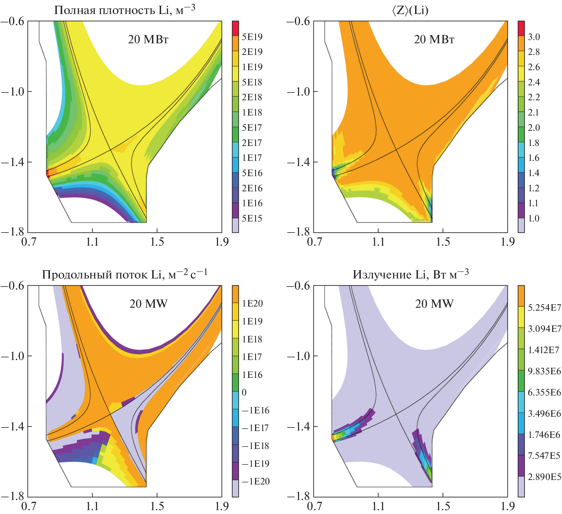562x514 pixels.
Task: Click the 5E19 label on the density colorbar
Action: coord(252,37)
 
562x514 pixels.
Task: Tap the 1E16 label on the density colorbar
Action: coord(252,203)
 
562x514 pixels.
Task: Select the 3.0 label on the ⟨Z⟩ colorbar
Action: coord(534,37)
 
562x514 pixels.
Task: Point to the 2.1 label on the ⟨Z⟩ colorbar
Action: coord(533,113)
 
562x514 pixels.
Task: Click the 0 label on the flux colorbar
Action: coord(244,392)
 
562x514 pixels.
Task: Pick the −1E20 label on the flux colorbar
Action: coord(255,481)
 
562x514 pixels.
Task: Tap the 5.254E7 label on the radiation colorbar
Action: coord(544,307)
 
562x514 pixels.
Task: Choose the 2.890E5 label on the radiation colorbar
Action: coord(544,477)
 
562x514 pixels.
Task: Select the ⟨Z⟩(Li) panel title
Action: coord(410,10)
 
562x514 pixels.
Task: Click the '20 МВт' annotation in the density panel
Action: coord(148,39)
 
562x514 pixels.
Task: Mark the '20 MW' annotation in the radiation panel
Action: coord(434,304)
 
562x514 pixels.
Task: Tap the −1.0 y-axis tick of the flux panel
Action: coord(13,356)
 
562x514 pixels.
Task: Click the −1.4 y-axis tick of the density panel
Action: coord(13,162)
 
